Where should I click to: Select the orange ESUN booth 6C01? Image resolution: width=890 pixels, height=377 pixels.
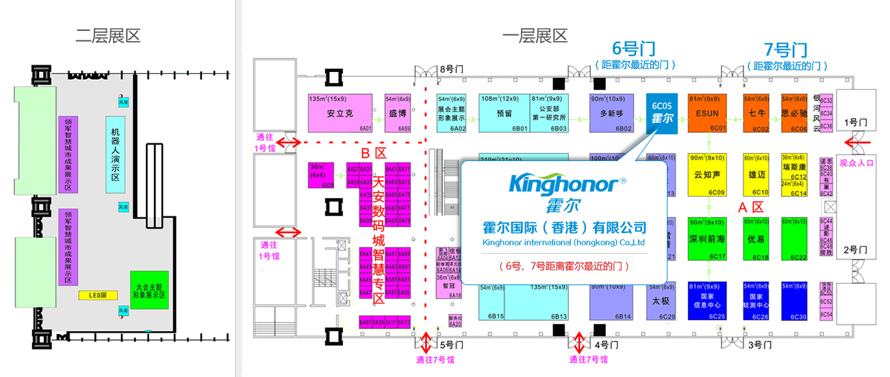coord(706,113)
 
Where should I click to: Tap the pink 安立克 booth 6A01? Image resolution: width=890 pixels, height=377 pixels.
coord(340,113)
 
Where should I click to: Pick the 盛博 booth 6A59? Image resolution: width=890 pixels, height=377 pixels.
coord(398,113)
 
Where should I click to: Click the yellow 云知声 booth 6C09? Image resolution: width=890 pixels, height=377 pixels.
coord(706,174)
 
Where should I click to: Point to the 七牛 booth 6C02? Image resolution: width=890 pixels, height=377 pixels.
coord(756,113)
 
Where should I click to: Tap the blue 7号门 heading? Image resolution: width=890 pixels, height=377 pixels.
coord(785,49)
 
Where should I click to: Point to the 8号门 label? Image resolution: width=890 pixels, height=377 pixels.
coord(451,69)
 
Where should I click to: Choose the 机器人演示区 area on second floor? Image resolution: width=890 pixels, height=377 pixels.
coord(115,158)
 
